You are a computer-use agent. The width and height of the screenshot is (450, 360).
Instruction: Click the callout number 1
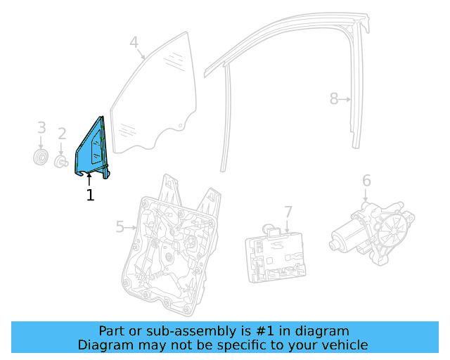pos(90,195)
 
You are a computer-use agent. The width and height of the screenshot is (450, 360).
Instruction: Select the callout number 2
pos(62,134)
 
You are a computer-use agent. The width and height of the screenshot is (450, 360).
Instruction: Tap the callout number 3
pos(41,128)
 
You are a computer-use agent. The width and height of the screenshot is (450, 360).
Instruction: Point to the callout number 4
pos(134,43)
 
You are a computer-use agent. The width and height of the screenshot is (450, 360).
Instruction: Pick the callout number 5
pos(120,226)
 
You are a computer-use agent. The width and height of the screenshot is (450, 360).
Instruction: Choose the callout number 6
pos(366,181)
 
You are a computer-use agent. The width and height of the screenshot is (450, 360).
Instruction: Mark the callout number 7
pos(288,212)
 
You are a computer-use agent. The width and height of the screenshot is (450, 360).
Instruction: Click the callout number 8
pos(334,99)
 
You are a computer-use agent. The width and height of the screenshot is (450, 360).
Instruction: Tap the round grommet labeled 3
pos(41,157)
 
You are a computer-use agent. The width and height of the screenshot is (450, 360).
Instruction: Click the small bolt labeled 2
pos(62,162)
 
